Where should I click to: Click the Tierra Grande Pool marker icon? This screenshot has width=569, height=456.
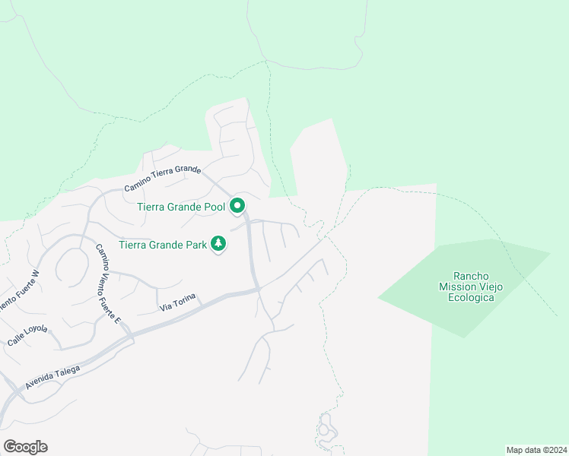tap(237, 205)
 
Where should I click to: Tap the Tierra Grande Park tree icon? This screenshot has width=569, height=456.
tap(219, 244)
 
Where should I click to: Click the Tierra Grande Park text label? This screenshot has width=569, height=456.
tap(163, 245)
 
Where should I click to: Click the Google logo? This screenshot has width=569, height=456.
tap(25, 446)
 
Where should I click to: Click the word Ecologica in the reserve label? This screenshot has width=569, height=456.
tap(467, 297)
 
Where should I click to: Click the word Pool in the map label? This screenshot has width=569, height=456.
tap(215, 206)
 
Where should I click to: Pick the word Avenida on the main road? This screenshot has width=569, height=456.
tap(40, 384)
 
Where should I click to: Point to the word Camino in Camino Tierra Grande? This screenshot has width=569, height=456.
tap(138, 185)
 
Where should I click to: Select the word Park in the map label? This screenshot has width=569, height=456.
tap(195, 245)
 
